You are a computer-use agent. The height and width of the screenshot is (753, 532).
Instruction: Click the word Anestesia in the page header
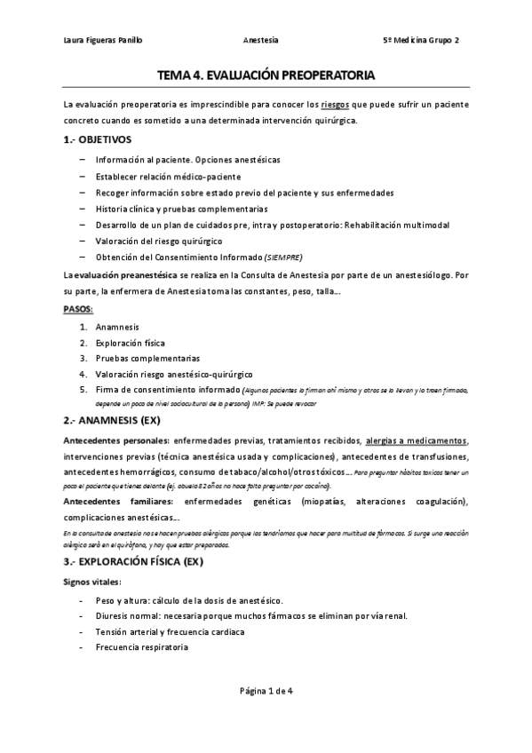coord(260,41)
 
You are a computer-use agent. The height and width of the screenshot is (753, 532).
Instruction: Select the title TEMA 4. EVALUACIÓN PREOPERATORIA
coord(266,76)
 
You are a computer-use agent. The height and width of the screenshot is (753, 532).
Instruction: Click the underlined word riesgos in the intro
coord(334,105)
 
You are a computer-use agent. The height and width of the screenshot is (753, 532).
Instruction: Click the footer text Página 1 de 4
coord(265,716)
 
